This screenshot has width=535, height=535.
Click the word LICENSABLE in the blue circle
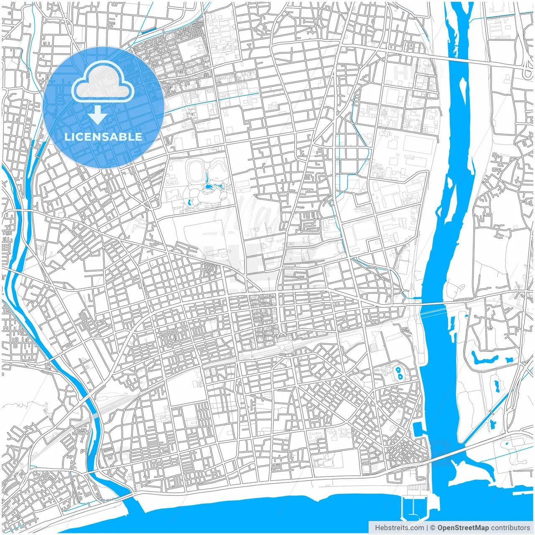(x=103, y=137)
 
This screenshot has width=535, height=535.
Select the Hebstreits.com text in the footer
(x=399, y=528)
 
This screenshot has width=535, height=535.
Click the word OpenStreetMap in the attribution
(x=463, y=528)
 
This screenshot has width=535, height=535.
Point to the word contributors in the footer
(x=510, y=528)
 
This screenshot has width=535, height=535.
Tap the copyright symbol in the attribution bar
(x=433, y=528)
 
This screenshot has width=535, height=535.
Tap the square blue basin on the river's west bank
(x=418, y=428)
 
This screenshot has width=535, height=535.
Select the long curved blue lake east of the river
(x=485, y=359)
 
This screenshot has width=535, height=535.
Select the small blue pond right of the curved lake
(x=509, y=359)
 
